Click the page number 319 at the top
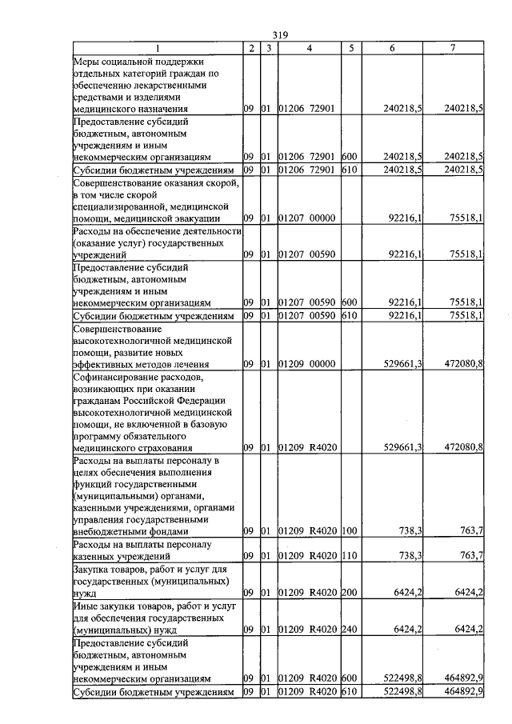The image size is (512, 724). (x=279, y=34)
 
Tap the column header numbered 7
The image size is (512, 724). (x=453, y=48)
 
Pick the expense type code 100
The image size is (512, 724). (x=349, y=531)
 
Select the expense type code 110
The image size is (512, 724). (x=349, y=556)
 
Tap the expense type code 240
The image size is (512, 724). (x=349, y=630)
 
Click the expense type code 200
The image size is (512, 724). (x=349, y=593)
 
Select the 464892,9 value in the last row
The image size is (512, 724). (x=462, y=691)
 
